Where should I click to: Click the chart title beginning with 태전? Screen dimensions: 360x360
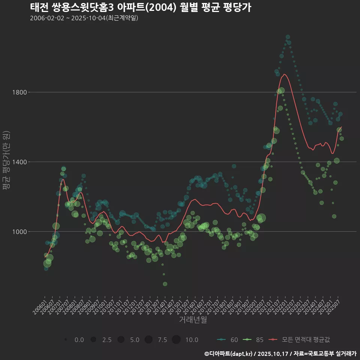pyautogui.click(x=141, y=7)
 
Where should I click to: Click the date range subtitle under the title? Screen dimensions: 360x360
pyautogui.click(x=84, y=18)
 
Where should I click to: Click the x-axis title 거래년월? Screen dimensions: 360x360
pyautogui.click(x=193, y=319)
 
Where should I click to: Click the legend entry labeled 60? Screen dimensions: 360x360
pyautogui.click(x=227, y=340)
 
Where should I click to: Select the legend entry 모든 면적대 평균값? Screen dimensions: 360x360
pyautogui.click(x=300, y=340)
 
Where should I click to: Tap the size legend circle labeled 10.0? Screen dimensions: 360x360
pyautogui.click(x=176, y=340)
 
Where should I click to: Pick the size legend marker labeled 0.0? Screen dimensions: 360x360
pyautogui.click(x=66, y=340)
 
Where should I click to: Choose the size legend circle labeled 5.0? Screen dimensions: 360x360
pyautogui.click(x=121, y=340)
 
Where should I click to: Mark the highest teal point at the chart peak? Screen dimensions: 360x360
pyautogui.click(x=288, y=37)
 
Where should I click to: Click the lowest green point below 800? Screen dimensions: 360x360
pyautogui.click(x=165, y=284)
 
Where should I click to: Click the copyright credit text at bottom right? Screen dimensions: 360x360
pyautogui.click(x=280, y=354)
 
